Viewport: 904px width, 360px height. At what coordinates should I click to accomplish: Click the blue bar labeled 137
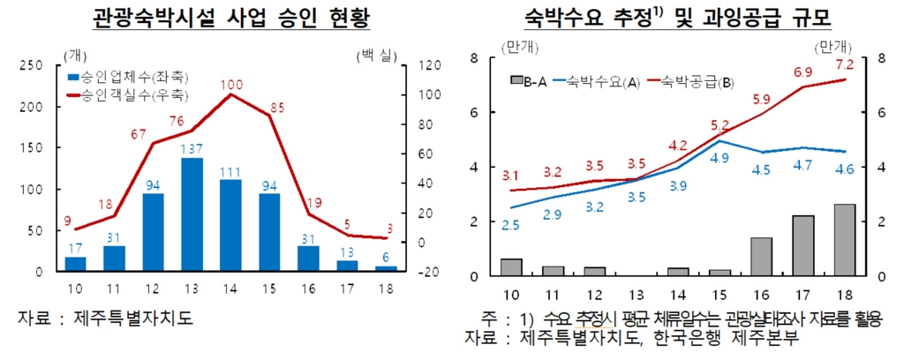tap(192, 214)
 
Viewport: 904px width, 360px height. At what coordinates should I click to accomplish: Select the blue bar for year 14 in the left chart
tap(230, 225)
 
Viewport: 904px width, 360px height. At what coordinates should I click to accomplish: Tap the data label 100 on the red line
tap(231, 85)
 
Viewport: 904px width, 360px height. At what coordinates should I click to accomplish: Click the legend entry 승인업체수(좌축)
tap(133, 77)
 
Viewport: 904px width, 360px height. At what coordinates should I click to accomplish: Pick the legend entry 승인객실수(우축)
tap(133, 94)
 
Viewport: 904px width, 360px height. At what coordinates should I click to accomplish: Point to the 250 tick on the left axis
tap(30, 65)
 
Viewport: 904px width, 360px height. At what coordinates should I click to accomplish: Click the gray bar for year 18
tap(844, 239)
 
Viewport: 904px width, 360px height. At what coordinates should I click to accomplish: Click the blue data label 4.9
tap(719, 158)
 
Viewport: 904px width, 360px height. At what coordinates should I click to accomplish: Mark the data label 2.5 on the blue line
tap(510, 226)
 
